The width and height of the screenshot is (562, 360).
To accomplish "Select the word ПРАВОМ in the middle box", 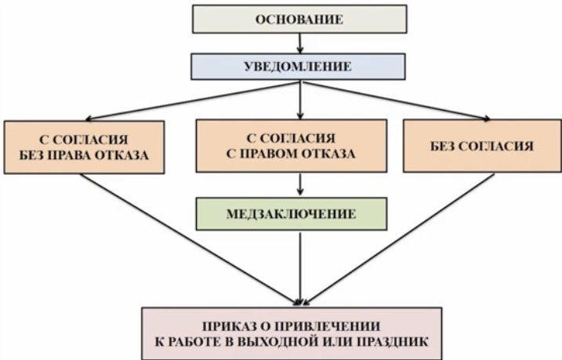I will click(285, 153).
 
